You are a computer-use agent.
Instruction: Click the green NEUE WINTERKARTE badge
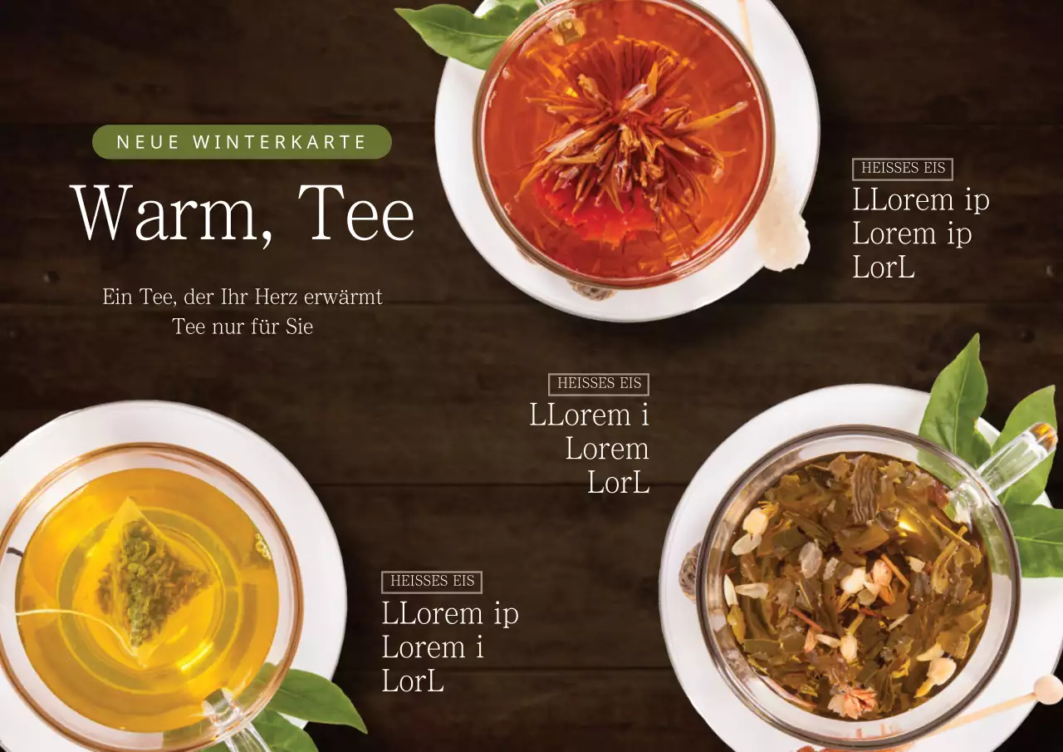click(x=242, y=141)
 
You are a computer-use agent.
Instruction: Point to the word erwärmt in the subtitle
click(x=343, y=297)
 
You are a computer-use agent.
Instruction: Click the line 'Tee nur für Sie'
click(x=242, y=327)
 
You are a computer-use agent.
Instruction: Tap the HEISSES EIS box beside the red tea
click(x=903, y=169)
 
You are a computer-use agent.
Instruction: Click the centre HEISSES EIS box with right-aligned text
click(x=599, y=384)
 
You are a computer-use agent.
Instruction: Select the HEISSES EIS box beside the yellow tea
click(x=432, y=582)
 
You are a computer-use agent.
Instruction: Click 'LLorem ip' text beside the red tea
click(x=921, y=200)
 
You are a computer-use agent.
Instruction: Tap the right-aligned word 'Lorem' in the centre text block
click(x=607, y=449)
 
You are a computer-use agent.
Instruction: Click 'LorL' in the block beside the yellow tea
click(x=413, y=681)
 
